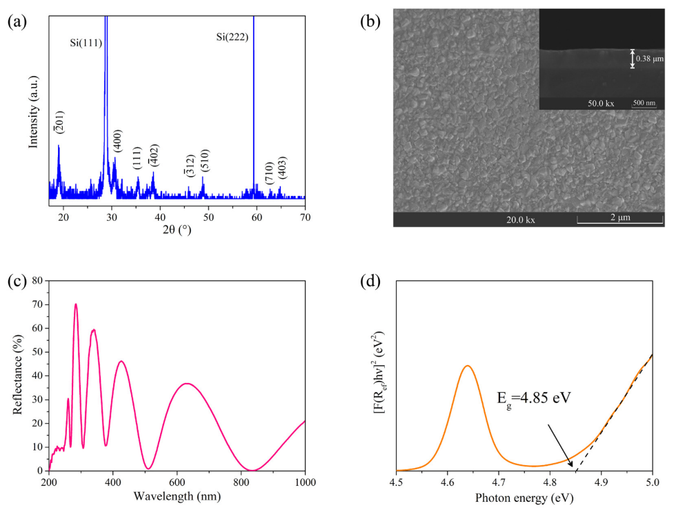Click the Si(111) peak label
pyautogui.click(x=86, y=43)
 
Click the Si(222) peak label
pyautogui.click(x=232, y=37)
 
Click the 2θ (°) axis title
pyautogui.click(x=177, y=230)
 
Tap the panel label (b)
pyautogui.click(x=370, y=21)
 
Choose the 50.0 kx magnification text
pyautogui.click(x=600, y=103)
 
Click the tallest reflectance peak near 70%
pyautogui.click(x=76, y=304)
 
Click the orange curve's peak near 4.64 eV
pyautogui.click(x=468, y=366)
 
